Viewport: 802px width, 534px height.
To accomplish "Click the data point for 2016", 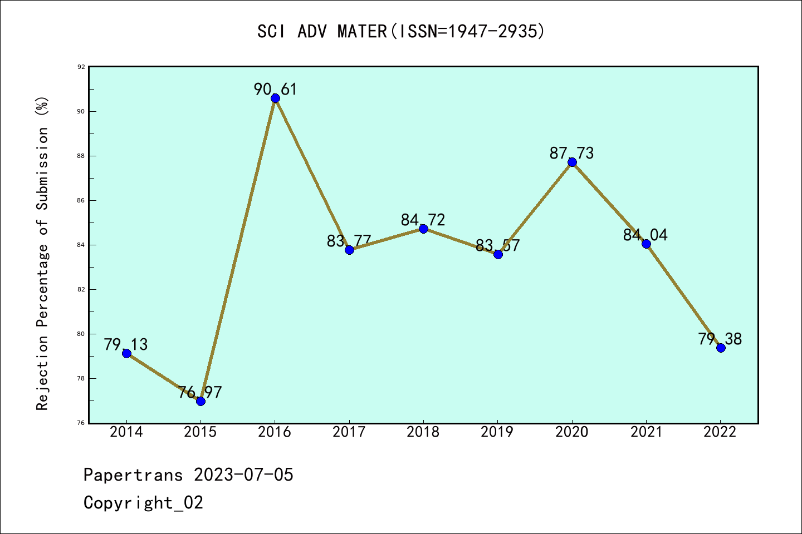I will coord(275,98).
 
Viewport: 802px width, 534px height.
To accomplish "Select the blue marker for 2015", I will coord(200,401).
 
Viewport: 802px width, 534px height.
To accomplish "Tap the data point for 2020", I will coord(572,162).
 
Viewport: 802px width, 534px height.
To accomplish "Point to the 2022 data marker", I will coord(721,348).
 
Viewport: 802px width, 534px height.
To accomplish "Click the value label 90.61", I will coord(275,89).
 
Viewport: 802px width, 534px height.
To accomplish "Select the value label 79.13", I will coord(126,344).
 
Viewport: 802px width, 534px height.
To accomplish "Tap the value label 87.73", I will coord(571,153).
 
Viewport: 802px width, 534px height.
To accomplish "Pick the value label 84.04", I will coord(645,235).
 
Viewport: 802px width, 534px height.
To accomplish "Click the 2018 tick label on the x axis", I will coord(423,432).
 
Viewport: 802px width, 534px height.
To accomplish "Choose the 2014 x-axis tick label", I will coord(126,432).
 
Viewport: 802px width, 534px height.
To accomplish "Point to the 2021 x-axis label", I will coord(646,432).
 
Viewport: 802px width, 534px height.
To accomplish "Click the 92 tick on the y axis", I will coord(81,67).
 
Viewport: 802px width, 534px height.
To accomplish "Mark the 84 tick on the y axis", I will coord(81,245).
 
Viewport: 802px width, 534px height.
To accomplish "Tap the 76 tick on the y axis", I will coord(81,423).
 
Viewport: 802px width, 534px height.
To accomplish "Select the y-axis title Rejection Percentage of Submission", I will coord(43,253).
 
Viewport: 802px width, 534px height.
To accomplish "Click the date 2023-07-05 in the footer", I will coord(243,475).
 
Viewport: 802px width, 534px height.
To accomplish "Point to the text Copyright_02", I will coord(143,503).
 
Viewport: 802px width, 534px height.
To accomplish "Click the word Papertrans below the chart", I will coord(133,475).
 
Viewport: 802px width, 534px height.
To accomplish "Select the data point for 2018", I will coord(423,229).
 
